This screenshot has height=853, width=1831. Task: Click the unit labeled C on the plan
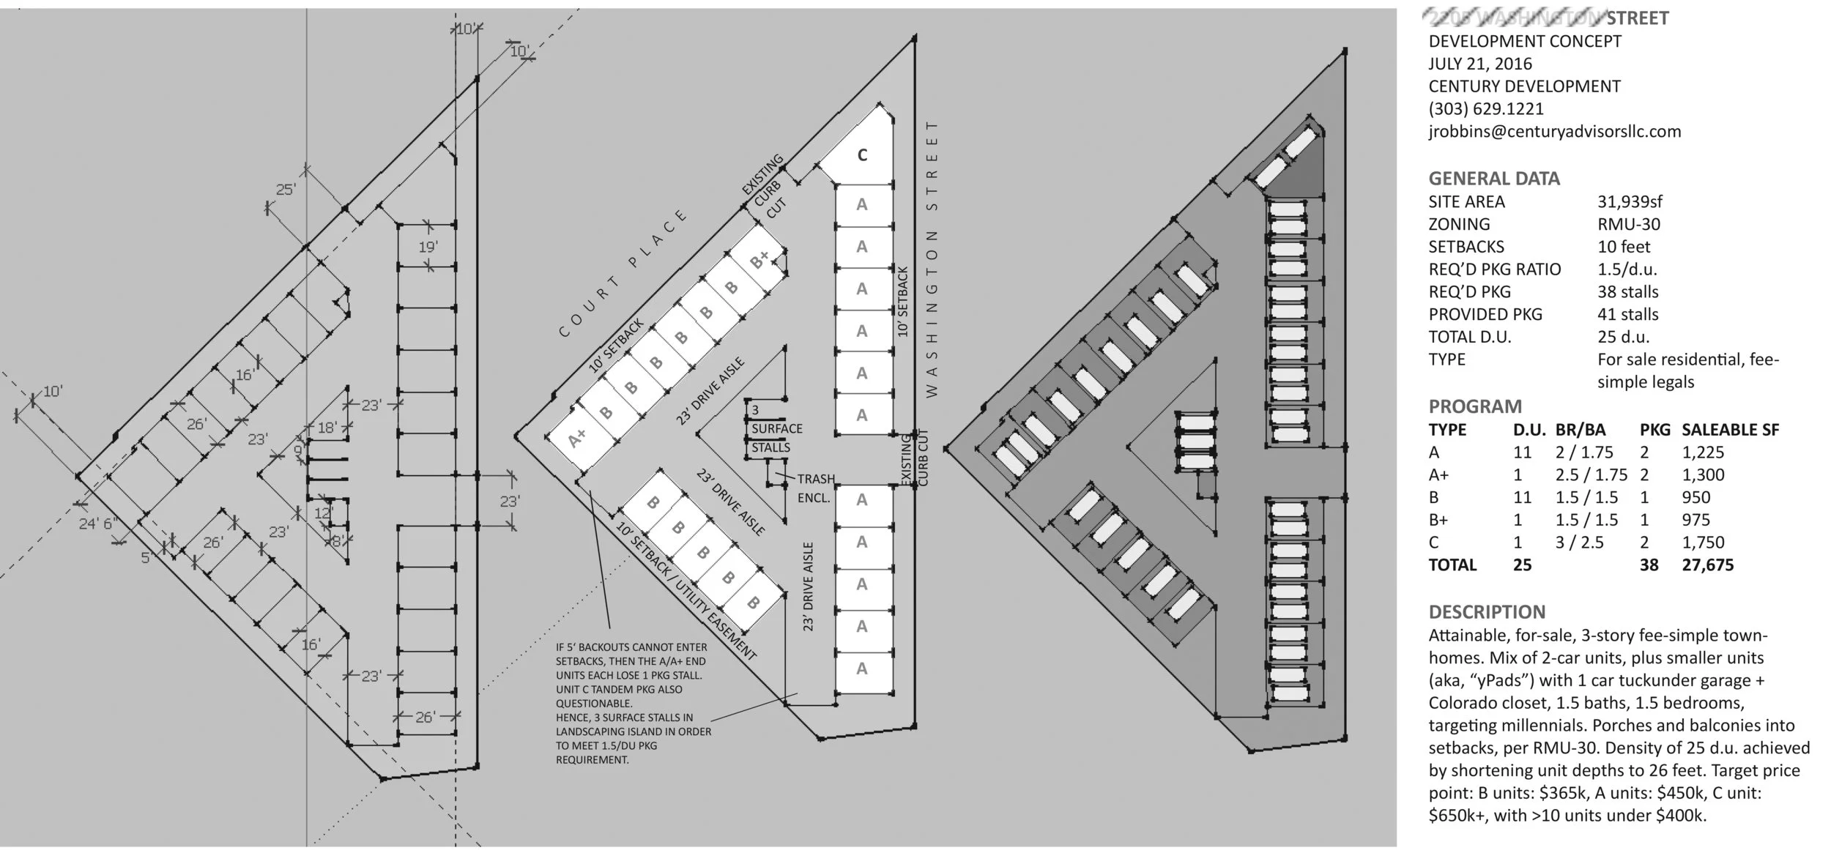(x=862, y=155)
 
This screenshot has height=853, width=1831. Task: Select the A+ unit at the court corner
(x=577, y=438)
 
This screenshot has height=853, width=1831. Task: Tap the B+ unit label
(x=760, y=259)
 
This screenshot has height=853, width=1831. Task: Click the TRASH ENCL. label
(x=814, y=488)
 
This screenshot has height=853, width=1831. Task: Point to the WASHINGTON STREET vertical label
(x=932, y=260)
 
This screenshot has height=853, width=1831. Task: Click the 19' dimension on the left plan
(x=428, y=247)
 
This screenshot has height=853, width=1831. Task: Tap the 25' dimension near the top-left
(x=286, y=190)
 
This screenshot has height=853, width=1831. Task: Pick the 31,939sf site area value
(x=1630, y=201)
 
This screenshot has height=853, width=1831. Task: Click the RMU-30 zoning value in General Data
(x=1629, y=224)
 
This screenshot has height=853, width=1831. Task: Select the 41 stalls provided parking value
(x=1627, y=314)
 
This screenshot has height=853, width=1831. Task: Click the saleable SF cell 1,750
(x=1703, y=543)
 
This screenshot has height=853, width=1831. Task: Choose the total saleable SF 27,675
(x=1707, y=565)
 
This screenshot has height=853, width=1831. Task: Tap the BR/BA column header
(x=1580, y=430)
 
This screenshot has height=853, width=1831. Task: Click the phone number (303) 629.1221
(x=1485, y=109)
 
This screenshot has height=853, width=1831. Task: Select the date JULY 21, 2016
(x=1479, y=64)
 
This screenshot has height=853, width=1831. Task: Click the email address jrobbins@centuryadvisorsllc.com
(x=1554, y=132)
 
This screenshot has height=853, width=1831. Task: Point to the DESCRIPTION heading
(x=1486, y=612)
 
